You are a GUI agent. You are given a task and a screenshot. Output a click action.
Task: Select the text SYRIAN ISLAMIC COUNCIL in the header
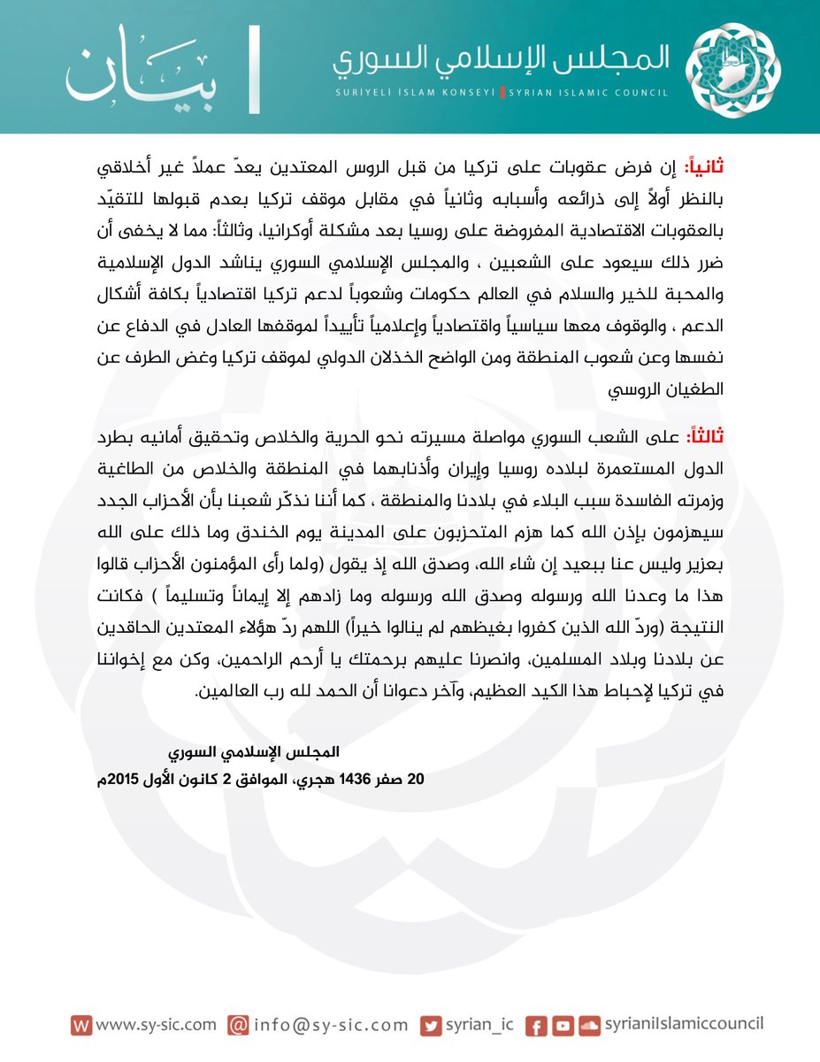pyautogui.click(x=586, y=92)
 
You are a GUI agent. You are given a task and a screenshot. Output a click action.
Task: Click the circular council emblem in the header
pyautogui.click(x=735, y=68)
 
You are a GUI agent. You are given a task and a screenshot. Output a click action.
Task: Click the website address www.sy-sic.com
pyautogui.click(x=156, y=1024)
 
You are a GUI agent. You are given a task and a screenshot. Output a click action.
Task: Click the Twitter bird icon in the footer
pyautogui.click(x=431, y=1025)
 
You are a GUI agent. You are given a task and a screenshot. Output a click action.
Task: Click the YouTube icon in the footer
pyautogui.click(x=562, y=1026)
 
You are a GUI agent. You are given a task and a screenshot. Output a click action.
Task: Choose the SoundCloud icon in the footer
pyautogui.click(x=589, y=1026)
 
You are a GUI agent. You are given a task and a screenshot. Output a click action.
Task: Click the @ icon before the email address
pyautogui.click(x=237, y=1025)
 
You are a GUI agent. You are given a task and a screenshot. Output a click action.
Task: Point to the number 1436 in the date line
pyautogui.click(x=364, y=779)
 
